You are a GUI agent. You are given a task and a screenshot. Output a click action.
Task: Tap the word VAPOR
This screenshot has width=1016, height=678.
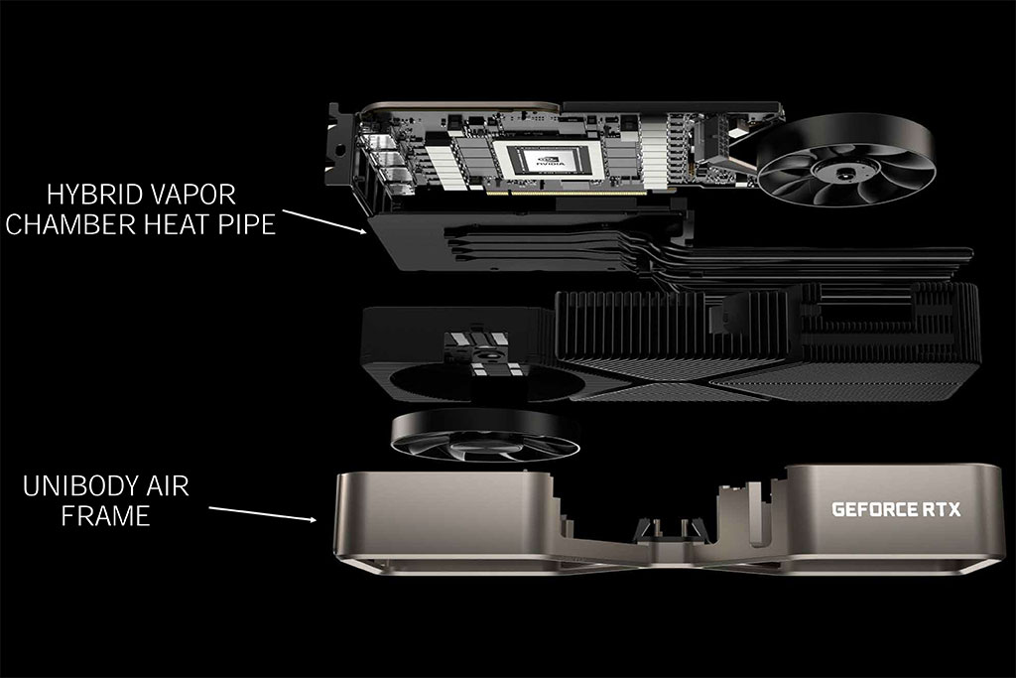click(193, 194)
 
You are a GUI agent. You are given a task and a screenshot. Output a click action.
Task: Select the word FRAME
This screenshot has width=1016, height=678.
click(105, 516)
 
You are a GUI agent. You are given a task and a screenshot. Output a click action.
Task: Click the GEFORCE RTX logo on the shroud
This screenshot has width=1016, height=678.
click(896, 509)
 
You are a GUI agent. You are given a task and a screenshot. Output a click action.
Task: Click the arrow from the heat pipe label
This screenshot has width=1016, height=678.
click(324, 221)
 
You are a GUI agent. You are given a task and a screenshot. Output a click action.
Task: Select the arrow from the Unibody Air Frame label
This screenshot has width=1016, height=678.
click(262, 513)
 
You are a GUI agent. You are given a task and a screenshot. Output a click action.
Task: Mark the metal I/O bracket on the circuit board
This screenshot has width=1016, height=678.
click(337, 146)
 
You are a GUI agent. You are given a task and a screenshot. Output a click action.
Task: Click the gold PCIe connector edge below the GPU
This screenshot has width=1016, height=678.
click(567, 193)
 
